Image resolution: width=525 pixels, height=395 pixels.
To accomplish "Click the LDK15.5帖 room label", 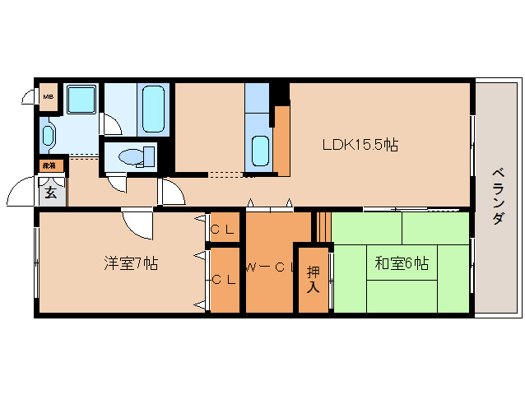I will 360,145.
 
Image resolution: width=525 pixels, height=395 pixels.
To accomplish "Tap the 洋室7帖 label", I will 131,264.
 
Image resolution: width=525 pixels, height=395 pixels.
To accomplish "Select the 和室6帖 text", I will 401,263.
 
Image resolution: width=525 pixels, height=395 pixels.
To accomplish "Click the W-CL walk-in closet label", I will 268,266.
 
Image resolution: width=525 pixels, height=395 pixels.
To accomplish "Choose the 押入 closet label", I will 314,279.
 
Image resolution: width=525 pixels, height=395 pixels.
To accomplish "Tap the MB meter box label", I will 49,96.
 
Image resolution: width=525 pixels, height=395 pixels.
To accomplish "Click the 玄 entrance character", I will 50,193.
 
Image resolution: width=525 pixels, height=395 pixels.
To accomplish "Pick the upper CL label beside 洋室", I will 222,230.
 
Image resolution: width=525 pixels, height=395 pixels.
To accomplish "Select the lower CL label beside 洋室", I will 223,280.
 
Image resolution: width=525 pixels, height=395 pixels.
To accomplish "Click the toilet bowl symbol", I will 132,156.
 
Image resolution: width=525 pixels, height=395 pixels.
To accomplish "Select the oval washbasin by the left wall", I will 48,135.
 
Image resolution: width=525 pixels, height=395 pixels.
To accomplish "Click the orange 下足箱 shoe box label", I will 50,165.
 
